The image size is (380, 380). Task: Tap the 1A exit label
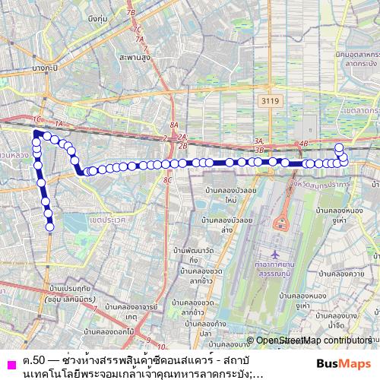[x=60, y=122]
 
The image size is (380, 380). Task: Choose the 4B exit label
[x=304, y=143]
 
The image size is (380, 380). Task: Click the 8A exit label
[x=173, y=125]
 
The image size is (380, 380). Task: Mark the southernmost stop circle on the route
[x=50, y=226]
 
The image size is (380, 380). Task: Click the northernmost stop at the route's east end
[x=339, y=147]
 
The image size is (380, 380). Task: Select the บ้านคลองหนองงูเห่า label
[x=341, y=217]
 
